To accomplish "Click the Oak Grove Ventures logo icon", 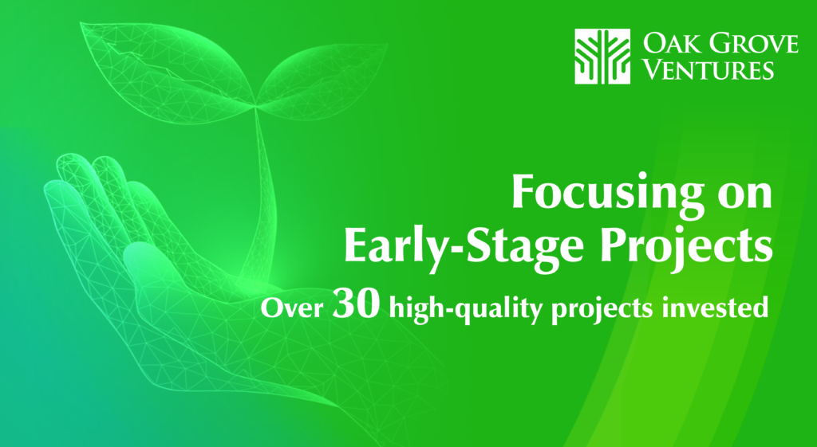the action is [x=602, y=57].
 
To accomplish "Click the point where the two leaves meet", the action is [x=255, y=106].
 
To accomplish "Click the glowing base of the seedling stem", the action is [x=255, y=284].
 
